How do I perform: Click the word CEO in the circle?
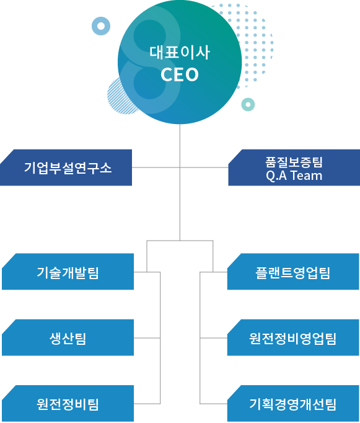click(180, 74)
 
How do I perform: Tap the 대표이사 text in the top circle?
click(180, 52)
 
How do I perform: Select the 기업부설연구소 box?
click(66, 167)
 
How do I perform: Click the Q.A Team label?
click(294, 176)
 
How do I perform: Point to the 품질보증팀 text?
click(294, 162)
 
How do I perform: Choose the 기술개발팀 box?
click(68, 272)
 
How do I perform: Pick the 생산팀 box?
click(68, 338)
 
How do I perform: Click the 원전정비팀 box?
click(68, 404)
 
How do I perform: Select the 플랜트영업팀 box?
click(293, 272)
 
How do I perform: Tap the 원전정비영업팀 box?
click(293, 338)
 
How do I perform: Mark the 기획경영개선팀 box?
click(293, 404)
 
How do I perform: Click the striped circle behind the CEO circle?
click(113, 97)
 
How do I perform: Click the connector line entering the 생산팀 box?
click(147, 338)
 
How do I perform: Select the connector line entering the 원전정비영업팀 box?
click(213, 338)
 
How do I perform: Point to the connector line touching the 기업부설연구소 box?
click(156, 167)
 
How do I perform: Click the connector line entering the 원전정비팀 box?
click(147, 404)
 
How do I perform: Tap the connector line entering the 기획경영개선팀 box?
click(213, 404)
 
